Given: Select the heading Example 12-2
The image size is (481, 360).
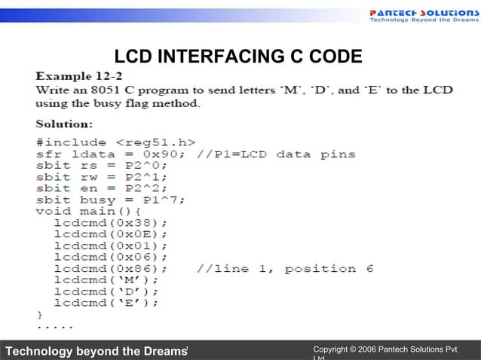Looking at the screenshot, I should pos(80,76).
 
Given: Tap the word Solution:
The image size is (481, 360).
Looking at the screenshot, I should pos(65,123).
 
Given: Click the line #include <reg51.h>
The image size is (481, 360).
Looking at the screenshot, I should pos(116,142).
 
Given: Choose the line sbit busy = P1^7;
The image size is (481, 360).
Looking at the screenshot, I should pos(111,200).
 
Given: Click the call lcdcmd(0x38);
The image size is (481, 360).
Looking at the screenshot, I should pos(110,223).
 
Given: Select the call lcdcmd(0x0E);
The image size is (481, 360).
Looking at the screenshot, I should pos(110,234).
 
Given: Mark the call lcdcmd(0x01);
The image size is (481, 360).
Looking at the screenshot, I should pos(110,246).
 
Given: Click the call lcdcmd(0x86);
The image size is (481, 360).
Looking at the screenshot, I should pos(110,269).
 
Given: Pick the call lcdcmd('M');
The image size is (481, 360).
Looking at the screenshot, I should pos(106,280).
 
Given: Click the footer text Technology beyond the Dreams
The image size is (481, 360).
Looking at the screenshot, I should pos(95,350).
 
